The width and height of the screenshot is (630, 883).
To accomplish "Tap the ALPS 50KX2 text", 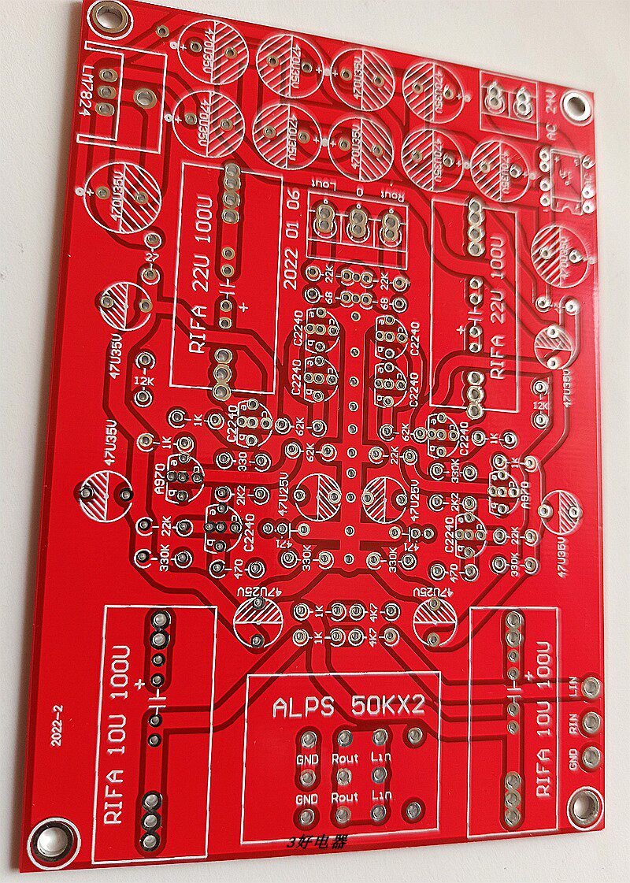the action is pyautogui.click(x=348, y=706).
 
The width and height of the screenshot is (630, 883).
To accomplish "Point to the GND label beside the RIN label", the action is pyautogui.click(x=574, y=759).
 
